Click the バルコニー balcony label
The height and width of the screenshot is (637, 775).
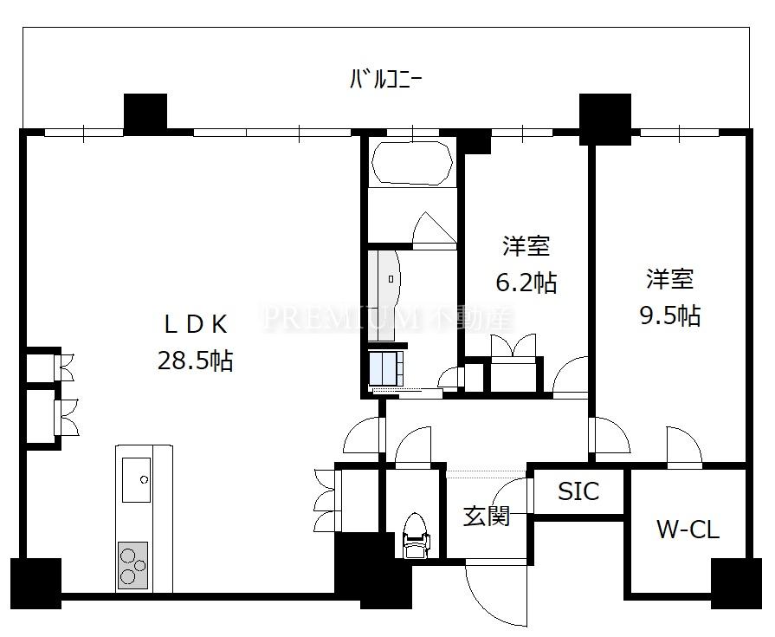tap(385, 79)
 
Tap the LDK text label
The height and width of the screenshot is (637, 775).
tap(196, 324)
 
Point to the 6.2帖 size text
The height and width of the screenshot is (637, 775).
tap(526, 283)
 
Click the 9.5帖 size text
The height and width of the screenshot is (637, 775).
tap(670, 315)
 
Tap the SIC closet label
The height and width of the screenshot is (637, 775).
tap(578, 491)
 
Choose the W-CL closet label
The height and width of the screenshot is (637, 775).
tap(688, 530)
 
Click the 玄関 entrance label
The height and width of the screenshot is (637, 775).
tap(487, 517)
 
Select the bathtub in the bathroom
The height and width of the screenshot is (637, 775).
tap(411, 163)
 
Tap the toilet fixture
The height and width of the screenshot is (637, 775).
tap(414, 536)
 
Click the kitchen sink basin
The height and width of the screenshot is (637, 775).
tap(137, 480)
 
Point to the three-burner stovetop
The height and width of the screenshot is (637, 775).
tap(132, 565)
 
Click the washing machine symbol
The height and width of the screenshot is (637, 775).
tap(386, 369)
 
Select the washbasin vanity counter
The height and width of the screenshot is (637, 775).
tap(384, 296)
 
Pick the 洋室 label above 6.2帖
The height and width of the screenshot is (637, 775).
tap(526, 246)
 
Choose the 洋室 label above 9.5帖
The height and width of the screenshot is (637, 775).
tap(670, 279)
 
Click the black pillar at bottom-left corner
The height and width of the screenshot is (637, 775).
tap(36, 583)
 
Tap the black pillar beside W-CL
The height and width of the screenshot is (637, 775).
tap(736, 583)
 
